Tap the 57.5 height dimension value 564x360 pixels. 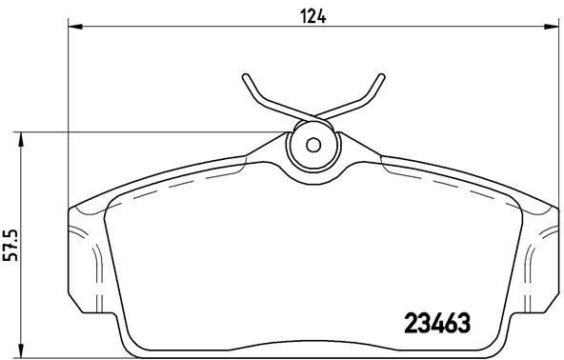[10, 244]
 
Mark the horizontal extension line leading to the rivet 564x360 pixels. [152, 131]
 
